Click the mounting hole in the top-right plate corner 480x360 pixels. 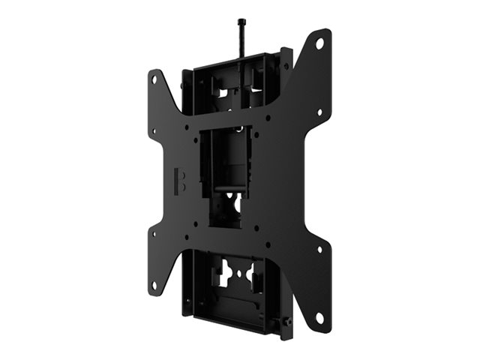tap(319, 44)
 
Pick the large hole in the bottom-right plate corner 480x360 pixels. tap(319, 318)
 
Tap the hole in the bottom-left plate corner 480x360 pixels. tap(155, 285)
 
